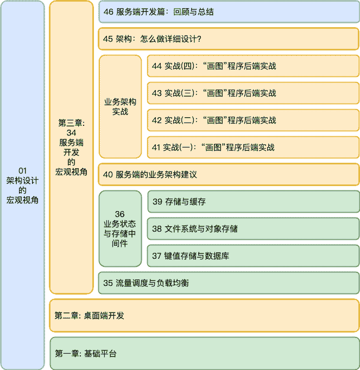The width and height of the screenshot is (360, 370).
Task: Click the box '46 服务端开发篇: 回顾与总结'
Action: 229,11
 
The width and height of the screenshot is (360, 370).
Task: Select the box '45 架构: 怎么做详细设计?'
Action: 229,39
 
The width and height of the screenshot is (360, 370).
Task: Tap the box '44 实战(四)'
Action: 253,66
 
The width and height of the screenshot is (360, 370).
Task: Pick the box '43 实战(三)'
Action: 253,93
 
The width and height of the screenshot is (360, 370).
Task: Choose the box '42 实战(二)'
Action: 253,120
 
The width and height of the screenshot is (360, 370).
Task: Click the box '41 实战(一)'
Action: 253,147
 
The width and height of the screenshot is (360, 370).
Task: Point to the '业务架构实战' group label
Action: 120,106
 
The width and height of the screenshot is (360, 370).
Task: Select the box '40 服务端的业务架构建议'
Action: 229,175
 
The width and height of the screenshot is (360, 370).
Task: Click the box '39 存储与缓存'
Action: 253,202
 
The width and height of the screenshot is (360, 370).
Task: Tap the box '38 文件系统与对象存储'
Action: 253,229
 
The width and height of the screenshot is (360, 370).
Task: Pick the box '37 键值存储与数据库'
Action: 253,256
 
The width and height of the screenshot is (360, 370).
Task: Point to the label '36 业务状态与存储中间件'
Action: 120,229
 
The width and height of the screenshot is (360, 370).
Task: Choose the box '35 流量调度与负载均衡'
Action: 229,283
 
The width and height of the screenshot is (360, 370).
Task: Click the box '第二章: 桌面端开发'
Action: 204,315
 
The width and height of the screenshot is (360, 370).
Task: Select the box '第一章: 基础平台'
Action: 204,354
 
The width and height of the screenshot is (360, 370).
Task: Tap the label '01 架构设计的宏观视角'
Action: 22,185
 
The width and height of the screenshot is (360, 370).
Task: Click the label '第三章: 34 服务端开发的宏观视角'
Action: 71,148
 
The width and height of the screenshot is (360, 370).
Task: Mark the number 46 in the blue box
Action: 108,11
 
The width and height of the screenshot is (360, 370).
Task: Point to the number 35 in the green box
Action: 108,283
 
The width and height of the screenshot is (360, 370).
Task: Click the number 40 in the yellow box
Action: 108,175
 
